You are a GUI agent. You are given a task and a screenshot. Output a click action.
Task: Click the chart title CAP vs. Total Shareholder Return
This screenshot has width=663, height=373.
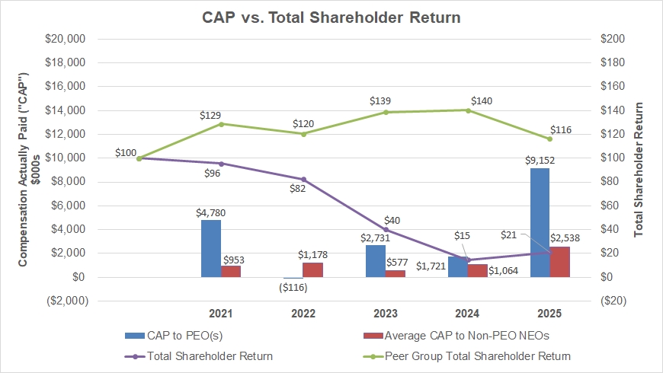[x=331, y=16]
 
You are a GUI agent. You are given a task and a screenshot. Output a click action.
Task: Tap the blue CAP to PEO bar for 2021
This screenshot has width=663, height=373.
[x=211, y=248]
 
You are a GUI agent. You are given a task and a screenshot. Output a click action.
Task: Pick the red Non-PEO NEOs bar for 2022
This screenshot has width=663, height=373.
[x=312, y=269]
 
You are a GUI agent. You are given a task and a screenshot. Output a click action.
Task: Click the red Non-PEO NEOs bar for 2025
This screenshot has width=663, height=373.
[x=559, y=262]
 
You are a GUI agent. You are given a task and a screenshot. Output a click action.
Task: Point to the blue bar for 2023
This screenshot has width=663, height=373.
[x=375, y=260]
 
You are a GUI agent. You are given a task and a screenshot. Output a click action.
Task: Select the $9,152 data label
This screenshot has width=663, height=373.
[x=540, y=161]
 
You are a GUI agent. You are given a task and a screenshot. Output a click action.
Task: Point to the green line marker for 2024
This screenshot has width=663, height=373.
[x=467, y=110]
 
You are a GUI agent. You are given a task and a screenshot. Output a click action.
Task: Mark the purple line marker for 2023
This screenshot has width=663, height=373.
[x=386, y=229]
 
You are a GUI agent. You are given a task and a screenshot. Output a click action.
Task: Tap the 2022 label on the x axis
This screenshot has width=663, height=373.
[x=303, y=314]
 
